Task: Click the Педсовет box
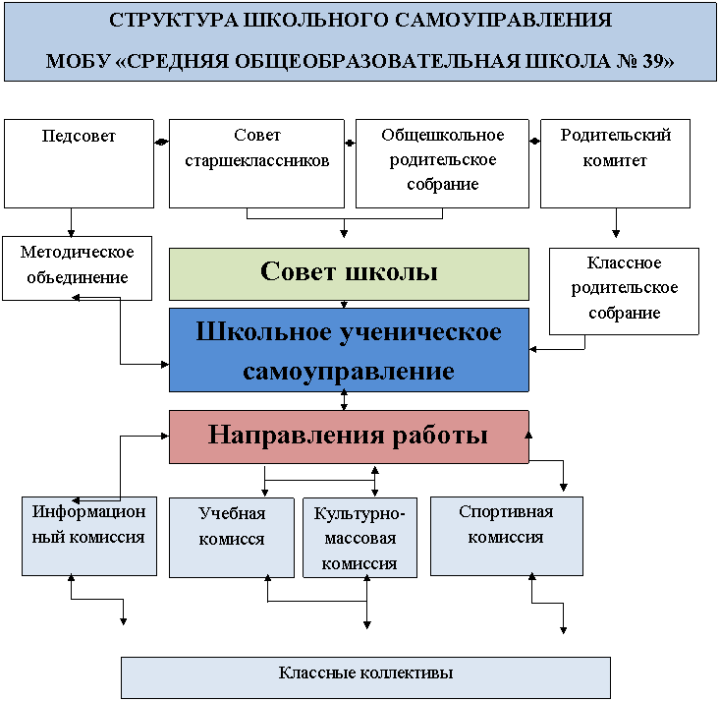79,163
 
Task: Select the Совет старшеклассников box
256,163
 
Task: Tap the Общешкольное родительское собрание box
442,163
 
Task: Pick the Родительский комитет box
615,163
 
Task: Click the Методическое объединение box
77,268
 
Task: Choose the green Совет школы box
349,274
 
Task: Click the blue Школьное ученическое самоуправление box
349,350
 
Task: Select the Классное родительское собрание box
624,291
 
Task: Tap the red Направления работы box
349,437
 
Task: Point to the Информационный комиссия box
89,536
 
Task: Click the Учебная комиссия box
232,538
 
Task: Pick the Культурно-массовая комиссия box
359,538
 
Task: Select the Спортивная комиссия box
507,536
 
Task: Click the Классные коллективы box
366,677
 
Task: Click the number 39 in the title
652,61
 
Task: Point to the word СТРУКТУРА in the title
174,21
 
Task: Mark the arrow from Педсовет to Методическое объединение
71,222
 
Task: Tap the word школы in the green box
391,271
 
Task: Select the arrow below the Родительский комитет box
616,222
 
